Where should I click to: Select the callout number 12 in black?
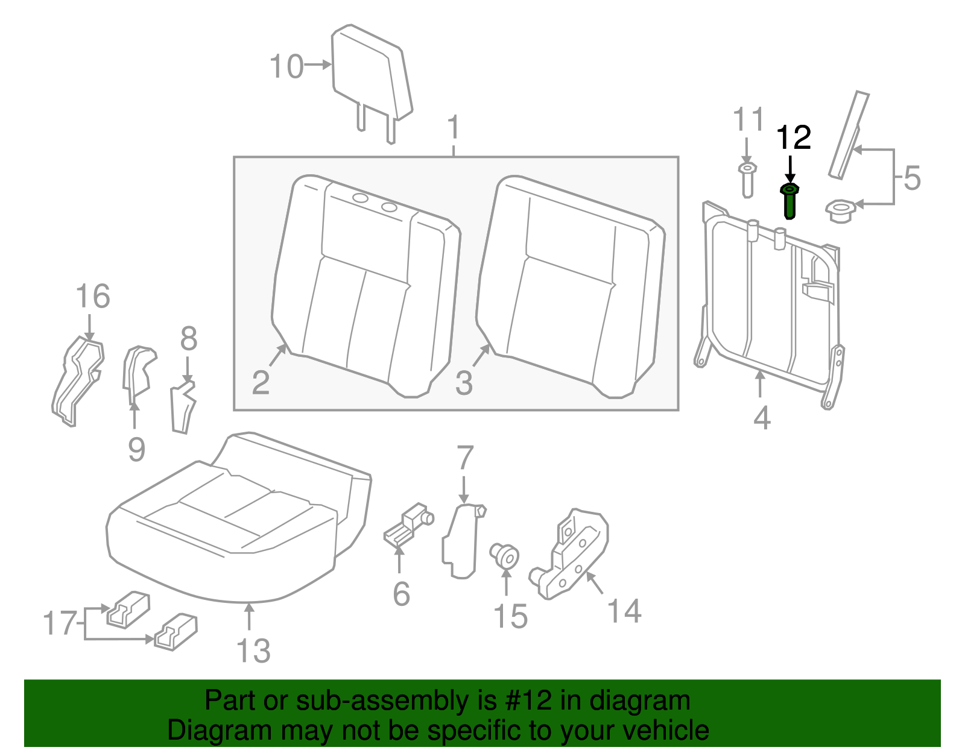pos(793,138)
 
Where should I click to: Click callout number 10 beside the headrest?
pos(286,66)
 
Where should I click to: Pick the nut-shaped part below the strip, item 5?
pos(840,211)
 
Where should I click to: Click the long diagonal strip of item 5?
pos(849,135)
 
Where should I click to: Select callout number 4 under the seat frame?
pos(762,418)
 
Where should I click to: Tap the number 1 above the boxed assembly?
pos(454,128)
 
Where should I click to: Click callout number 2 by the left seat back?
pos(261,382)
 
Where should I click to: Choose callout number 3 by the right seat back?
pos(463,382)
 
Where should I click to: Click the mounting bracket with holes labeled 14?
pos(571,555)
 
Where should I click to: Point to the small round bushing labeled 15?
pos(505,555)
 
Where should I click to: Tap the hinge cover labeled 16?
pos(78,380)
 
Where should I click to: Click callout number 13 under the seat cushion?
pos(253,651)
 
